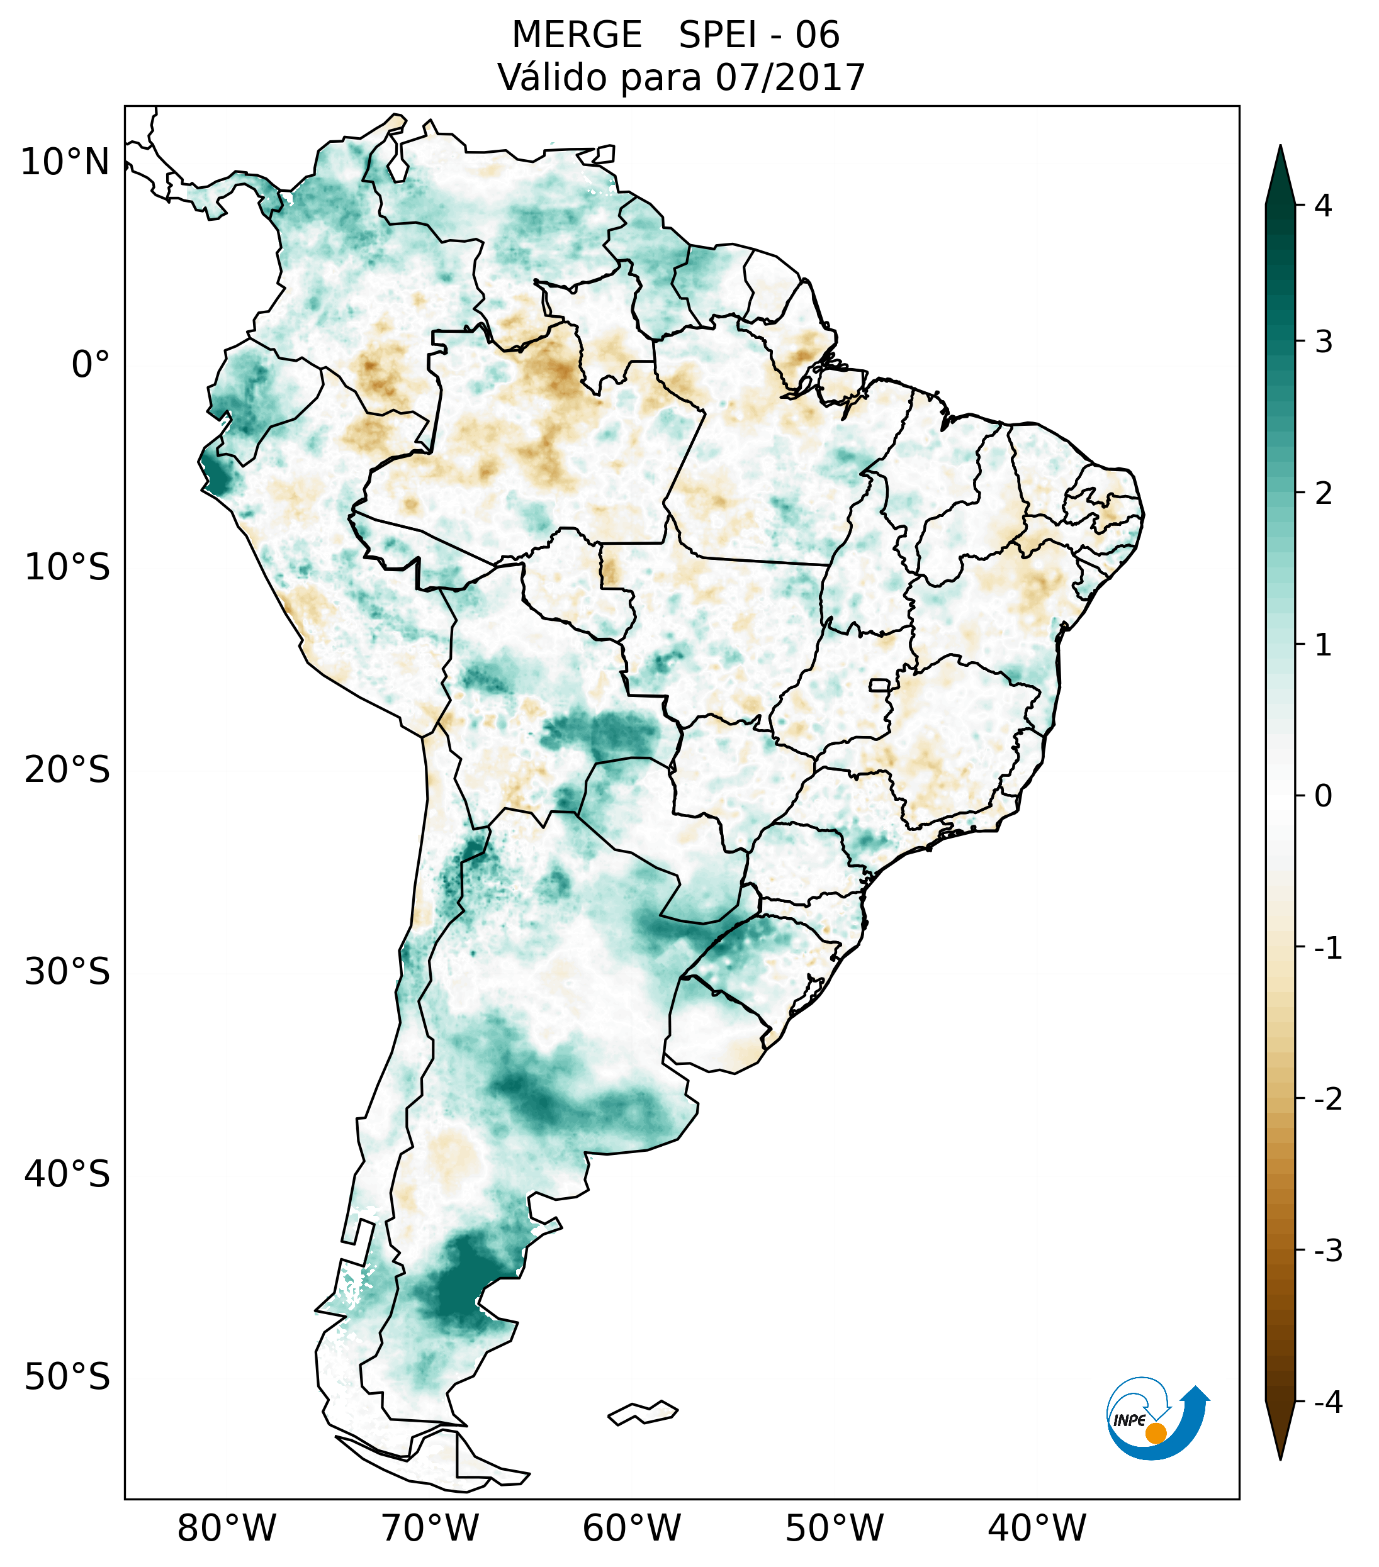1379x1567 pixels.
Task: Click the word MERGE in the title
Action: pos(576,35)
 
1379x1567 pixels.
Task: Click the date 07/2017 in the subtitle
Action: pos(790,77)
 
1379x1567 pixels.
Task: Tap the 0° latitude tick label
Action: pos(90,365)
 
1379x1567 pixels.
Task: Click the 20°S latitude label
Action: pos(67,770)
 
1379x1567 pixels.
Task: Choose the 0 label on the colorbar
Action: pos(1323,796)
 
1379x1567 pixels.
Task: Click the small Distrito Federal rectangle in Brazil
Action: pos(880,684)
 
